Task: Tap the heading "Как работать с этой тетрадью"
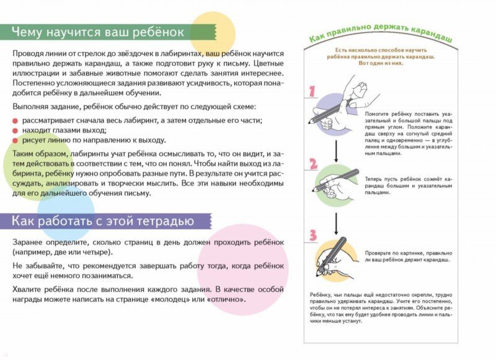click(104, 221)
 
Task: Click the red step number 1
click(312, 91)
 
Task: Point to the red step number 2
click(313, 164)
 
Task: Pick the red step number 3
click(313, 235)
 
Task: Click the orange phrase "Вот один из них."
click(381, 63)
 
